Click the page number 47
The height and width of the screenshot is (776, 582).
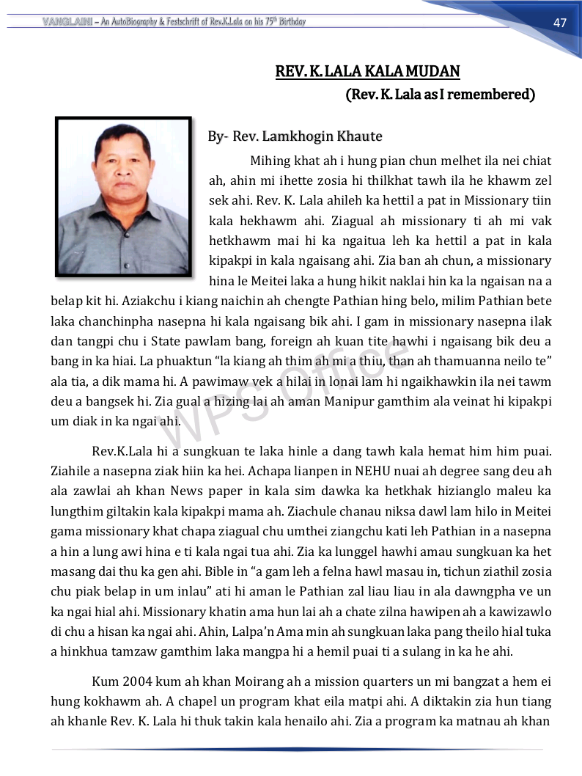(560, 23)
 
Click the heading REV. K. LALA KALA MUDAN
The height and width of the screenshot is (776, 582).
(367, 71)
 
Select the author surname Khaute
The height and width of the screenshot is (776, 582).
(359, 136)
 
